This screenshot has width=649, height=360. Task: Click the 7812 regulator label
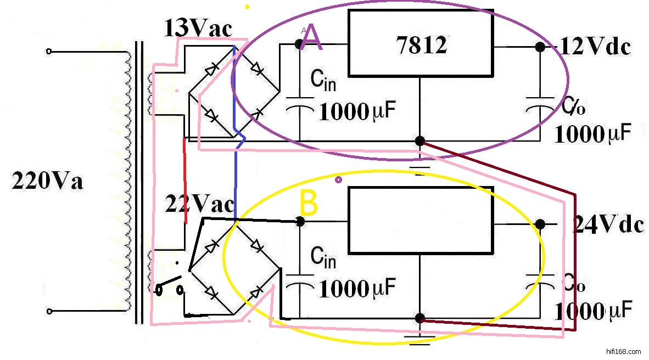tap(421, 45)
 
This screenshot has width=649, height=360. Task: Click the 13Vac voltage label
tap(198, 29)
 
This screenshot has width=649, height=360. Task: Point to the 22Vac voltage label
tap(198, 205)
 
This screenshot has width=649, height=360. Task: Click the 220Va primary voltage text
tap(47, 181)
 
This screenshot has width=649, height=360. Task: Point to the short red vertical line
tap(184, 181)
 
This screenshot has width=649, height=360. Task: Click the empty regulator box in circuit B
tap(421, 220)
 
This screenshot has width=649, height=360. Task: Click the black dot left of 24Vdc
tap(540, 224)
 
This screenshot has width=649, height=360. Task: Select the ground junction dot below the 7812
tap(420, 141)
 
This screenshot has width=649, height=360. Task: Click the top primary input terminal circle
tap(49, 52)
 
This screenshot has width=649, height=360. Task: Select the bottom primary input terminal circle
tap(49, 312)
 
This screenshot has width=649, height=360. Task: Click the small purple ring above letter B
tap(338, 179)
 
